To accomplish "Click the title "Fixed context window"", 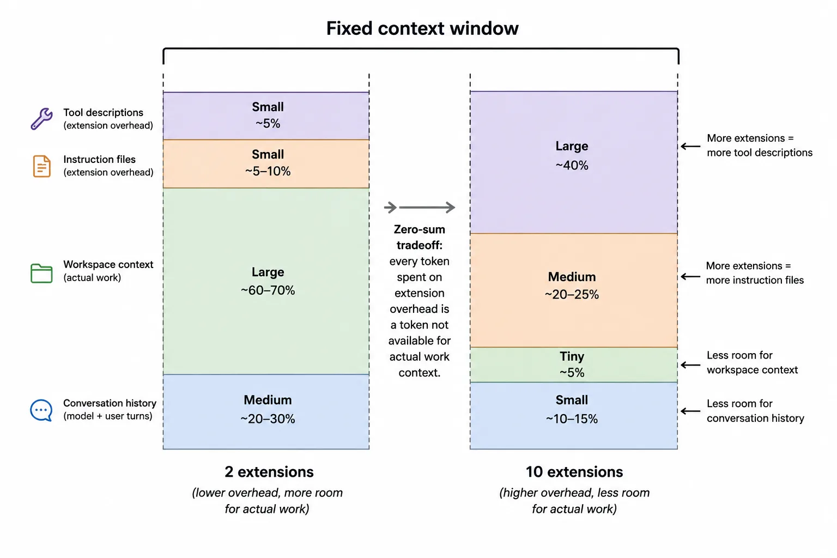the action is click(x=422, y=28).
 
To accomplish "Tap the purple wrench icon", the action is click(x=41, y=118).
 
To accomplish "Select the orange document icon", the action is click(x=41, y=166).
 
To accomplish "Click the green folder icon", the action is click(x=41, y=273).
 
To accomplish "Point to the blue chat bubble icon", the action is click(x=41, y=410).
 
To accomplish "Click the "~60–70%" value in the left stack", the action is click(x=268, y=290).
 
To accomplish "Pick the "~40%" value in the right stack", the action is click(x=572, y=165).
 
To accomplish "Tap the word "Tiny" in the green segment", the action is click(x=572, y=356).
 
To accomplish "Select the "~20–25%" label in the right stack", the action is click(x=572, y=294).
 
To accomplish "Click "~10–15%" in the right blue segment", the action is click(x=572, y=418).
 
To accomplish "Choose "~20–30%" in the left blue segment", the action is click(x=268, y=418).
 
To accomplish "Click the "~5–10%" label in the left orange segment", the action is click(x=268, y=171).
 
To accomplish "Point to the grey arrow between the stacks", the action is click(x=419, y=207).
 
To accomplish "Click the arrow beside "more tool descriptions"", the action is click(x=690, y=146).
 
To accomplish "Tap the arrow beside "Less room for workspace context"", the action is click(x=690, y=365).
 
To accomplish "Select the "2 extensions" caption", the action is click(x=269, y=472).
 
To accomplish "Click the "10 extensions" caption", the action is click(x=574, y=472).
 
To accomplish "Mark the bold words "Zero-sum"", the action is click(x=419, y=229).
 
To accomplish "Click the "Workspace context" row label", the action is click(x=108, y=265).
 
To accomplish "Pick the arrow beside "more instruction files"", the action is click(x=690, y=277).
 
